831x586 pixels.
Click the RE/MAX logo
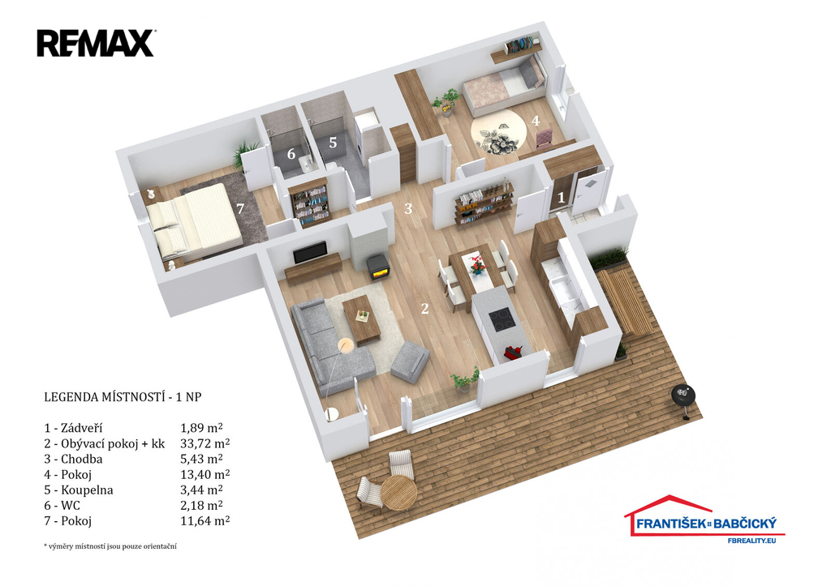click(x=96, y=44)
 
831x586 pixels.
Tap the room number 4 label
click(x=536, y=121)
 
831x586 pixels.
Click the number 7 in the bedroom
click(x=240, y=208)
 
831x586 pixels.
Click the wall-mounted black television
click(x=310, y=253)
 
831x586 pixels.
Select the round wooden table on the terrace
click(x=399, y=492)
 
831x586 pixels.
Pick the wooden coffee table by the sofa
click(x=361, y=319)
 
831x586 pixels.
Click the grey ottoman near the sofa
click(x=410, y=361)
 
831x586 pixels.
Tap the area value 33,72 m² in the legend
click(x=205, y=443)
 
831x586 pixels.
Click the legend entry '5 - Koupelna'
click(x=79, y=490)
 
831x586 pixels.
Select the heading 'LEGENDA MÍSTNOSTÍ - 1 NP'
click(x=123, y=396)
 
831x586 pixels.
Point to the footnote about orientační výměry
click(x=110, y=545)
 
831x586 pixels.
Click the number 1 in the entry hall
click(x=562, y=198)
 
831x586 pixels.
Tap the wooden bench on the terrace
click(x=626, y=302)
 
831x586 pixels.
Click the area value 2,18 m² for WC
click(x=201, y=506)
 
